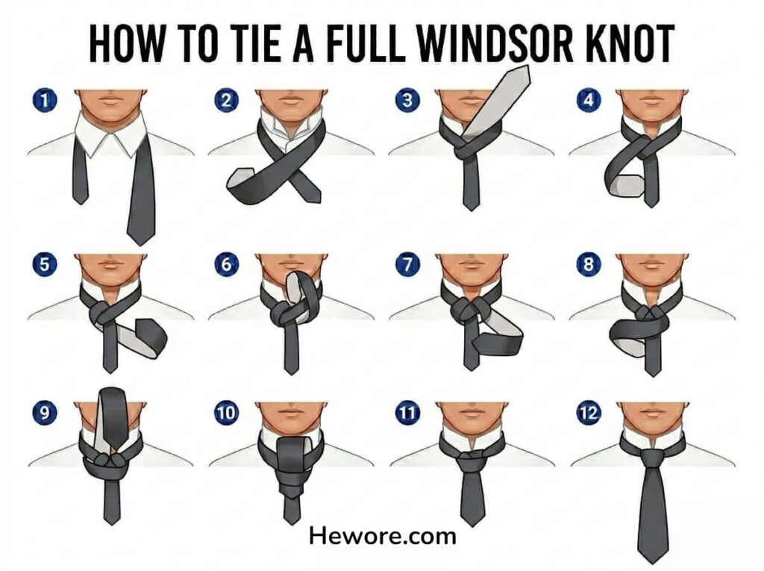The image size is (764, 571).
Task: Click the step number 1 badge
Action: [44, 101]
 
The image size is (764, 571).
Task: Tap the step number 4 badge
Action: [589, 100]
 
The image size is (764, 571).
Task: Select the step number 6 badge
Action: [226, 265]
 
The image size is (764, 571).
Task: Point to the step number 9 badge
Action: [44, 413]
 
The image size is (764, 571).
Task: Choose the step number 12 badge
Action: [589, 413]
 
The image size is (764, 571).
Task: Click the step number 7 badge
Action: [407, 265]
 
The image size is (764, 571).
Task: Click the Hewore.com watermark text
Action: [383, 536]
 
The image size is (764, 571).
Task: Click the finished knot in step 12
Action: [651, 458]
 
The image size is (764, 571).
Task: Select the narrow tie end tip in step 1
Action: [81, 203]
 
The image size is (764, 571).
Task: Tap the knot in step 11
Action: [471, 458]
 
